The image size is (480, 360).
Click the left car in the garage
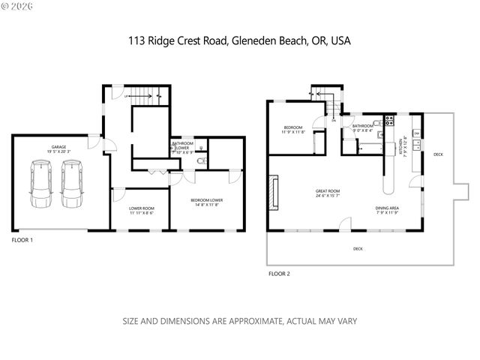(42, 184)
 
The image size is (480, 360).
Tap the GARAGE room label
(59, 147)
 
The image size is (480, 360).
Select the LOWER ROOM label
(141, 210)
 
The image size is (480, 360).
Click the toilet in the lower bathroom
(199, 159)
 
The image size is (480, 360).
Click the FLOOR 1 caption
(23, 240)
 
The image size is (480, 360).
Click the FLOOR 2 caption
(278, 274)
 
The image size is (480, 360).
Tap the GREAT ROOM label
(328, 192)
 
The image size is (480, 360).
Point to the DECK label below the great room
(358, 248)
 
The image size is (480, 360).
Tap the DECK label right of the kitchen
(438, 155)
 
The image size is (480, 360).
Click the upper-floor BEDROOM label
(293, 128)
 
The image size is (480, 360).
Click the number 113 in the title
(136, 40)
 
